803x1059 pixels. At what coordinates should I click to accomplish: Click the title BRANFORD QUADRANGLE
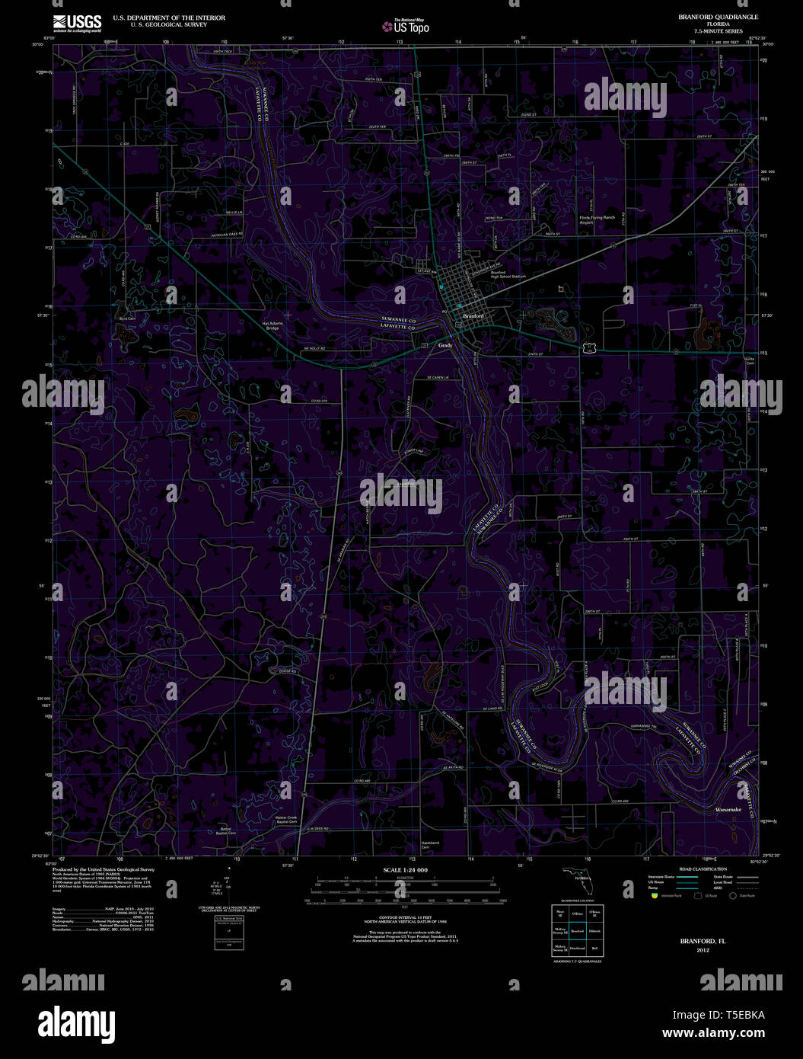click(707, 17)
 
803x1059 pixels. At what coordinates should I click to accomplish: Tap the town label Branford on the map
click(473, 315)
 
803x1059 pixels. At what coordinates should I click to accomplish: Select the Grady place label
click(445, 345)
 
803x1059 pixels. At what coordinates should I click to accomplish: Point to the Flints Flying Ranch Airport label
click(597, 219)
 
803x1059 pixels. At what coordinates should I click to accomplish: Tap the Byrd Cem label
click(127, 318)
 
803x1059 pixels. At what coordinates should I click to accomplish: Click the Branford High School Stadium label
click(508, 274)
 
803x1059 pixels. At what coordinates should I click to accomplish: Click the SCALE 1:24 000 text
click(405, 869)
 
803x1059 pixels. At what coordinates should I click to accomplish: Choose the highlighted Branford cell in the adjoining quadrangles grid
click(577, 931)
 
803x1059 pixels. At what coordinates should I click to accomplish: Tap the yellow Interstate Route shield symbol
click(652, 896)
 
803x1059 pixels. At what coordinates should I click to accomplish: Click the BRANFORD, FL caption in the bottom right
click(703, 941)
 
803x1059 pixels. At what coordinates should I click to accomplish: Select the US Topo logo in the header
click(406, 26)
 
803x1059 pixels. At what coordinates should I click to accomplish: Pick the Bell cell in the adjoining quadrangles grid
click(594, 948)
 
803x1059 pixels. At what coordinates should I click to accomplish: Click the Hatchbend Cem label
click(430, 844)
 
